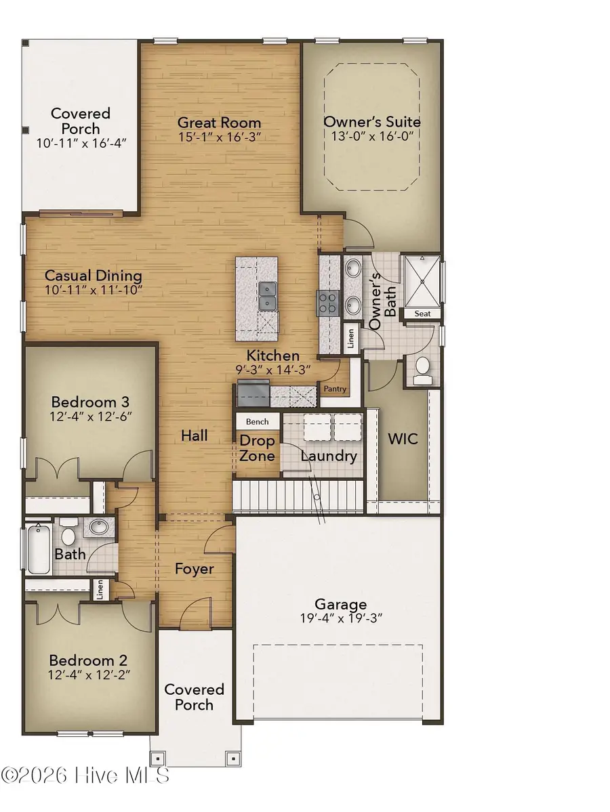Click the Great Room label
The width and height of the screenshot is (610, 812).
coord(219,123)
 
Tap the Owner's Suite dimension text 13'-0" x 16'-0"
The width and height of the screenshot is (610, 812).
coord(371,135)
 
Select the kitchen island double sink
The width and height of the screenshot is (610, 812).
coord(268,297)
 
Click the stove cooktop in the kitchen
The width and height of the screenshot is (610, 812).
coord(329,303)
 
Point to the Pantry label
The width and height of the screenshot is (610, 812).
coord(335,389)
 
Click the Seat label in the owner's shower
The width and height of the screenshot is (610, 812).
coord(422,314)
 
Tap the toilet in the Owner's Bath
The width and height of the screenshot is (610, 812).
coord(422,368)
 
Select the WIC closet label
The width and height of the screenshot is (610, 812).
coord(402,439)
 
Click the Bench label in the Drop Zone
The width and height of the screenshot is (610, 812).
coord(257,421)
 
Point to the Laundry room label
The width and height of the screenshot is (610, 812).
coord(329,456)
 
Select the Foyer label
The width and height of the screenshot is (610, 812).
coord(195,569)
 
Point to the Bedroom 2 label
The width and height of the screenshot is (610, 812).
coord(88,660)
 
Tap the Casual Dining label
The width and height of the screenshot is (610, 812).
coord(93,276)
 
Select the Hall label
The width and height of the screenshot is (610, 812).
coord(194,435)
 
